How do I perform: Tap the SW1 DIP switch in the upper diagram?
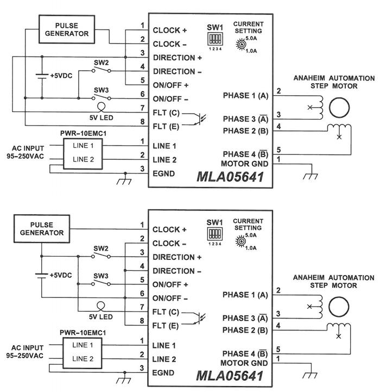[215, 39]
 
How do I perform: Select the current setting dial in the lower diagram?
[241, 241]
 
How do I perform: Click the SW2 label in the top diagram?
[101, 63]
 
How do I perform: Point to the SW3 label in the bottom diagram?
[101, 276]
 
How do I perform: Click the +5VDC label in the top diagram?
[61, 76]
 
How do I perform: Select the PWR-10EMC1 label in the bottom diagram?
[83, 333]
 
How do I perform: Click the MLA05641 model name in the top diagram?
[230, 177]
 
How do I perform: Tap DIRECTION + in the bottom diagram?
[177, 257]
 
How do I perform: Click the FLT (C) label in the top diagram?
[166, 113]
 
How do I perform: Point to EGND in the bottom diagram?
[163, 373]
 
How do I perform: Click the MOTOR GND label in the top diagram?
[245, 164]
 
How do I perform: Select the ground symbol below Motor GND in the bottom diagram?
[310, 375]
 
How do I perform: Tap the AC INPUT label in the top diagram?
[28, 148]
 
